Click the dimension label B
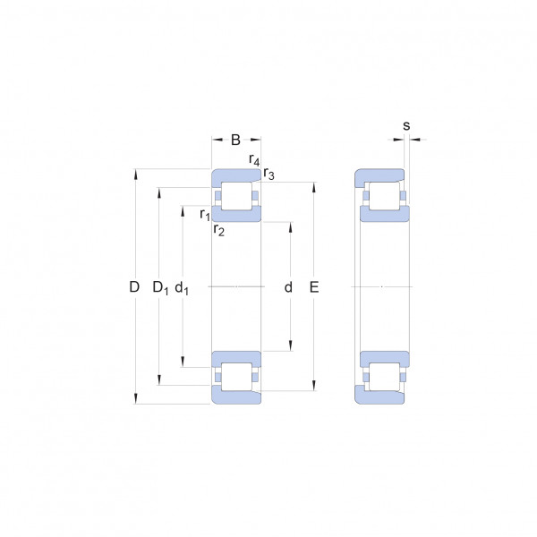click(235, 140)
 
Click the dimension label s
click(406, 125)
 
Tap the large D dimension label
click(134, 286)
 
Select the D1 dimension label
click(160, 287)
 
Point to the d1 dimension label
click(182, 287)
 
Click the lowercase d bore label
click(288, 287)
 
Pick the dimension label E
click(314, 287)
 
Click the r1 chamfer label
click(205, 215)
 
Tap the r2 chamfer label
click(219, 230)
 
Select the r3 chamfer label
click(268, 174)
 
